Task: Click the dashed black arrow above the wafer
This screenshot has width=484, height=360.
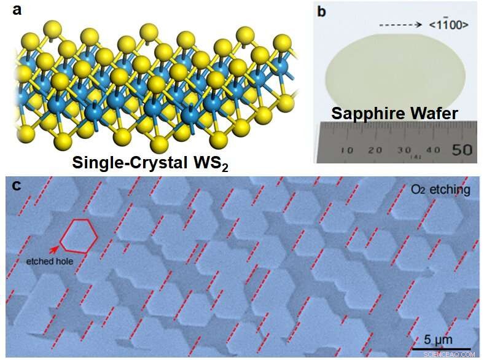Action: click(399, 25)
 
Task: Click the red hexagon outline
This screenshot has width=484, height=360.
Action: click(78, 235)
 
